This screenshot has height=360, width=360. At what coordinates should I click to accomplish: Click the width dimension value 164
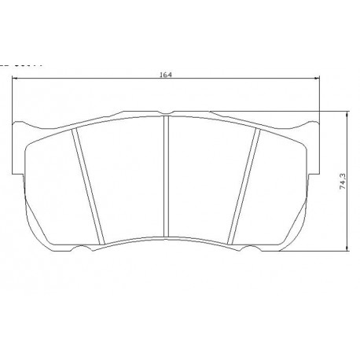point(164,74)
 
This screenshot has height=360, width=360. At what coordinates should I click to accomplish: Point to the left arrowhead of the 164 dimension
point(16,79)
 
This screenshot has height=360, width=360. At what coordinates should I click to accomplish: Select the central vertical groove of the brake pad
point(167,178)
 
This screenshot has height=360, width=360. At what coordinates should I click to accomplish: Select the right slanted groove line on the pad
point(246,185)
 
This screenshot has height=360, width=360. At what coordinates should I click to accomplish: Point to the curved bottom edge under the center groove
point(167,239)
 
